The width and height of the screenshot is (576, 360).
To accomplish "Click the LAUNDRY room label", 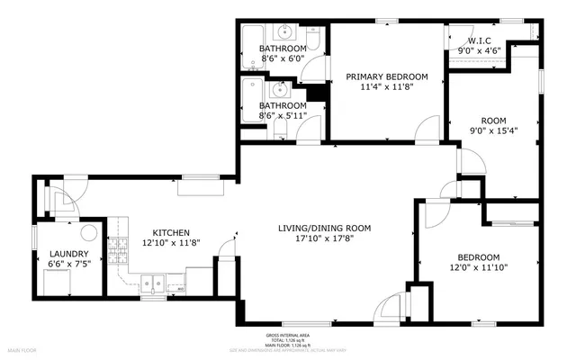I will [x=68, y=254].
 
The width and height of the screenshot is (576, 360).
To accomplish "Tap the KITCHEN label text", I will [x=170, y=231].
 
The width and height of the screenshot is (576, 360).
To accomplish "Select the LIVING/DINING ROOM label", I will [x=323, y=228].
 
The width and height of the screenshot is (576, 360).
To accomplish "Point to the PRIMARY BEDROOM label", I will [x=387, y=77].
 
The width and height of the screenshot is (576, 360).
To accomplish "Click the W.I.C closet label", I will [x=478, y=40].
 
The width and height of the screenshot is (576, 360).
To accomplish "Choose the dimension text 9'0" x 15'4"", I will [x=493, y=130].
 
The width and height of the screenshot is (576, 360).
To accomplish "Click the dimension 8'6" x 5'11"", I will [x=283, y=116].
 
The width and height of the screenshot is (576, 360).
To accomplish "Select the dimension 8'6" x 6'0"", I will [x=283, y=58].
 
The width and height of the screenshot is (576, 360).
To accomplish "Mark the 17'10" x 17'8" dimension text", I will [x=323, y=238].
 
